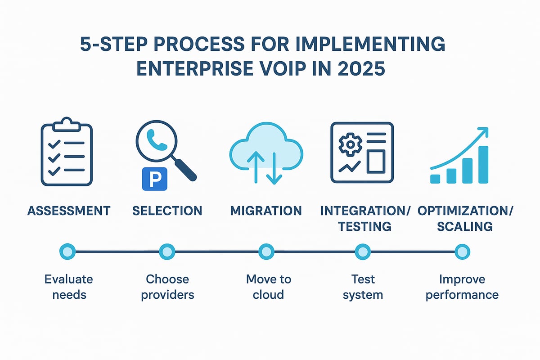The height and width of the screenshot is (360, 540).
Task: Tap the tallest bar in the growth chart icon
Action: pos(482,165)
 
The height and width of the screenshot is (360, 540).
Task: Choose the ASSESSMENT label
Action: pos(69,211)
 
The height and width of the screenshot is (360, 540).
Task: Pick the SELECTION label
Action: pos(167,211)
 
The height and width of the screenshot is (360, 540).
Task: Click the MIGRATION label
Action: pos(266,211)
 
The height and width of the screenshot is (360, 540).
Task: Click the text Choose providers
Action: pos(167,287)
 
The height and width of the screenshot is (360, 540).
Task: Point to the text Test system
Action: pos(363,287)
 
